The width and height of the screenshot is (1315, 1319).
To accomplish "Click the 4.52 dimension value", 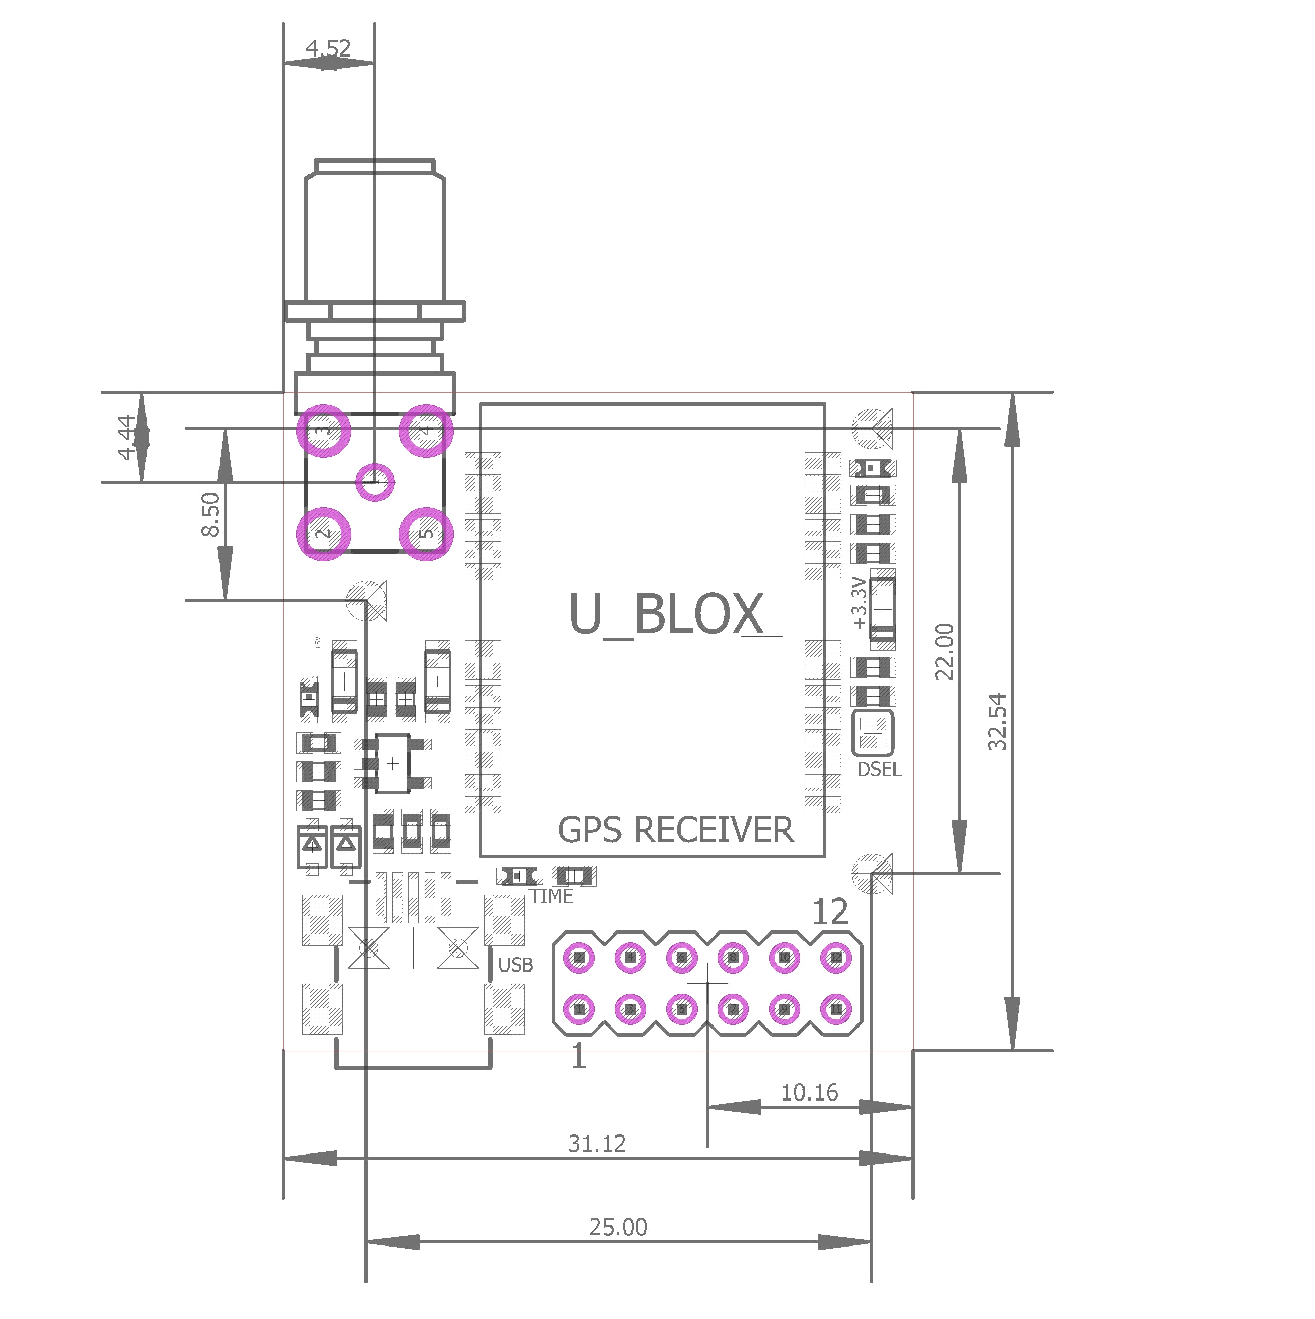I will [x=328, y=48].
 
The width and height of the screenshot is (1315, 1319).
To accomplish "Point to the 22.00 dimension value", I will [x=944, y=652].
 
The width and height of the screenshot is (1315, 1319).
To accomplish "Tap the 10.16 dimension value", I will [x=810, y=1093].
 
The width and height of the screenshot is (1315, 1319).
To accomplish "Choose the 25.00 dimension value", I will [x=618, y=1228].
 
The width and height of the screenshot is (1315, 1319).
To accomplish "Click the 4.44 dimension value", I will [x=127, y=437].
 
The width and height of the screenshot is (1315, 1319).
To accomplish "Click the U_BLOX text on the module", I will [x=666, y=614].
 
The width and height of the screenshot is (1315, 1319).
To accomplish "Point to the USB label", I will [x=516, y=965].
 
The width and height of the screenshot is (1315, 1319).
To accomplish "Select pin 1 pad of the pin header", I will [x=579, y=1009].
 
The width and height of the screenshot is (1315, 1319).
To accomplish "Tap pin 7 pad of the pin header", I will [x=733, y=1009].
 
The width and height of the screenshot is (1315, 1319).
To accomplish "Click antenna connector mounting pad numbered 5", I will [x=426, y=535].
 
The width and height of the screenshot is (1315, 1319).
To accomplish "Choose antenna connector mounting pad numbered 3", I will [x=324, y=431].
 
